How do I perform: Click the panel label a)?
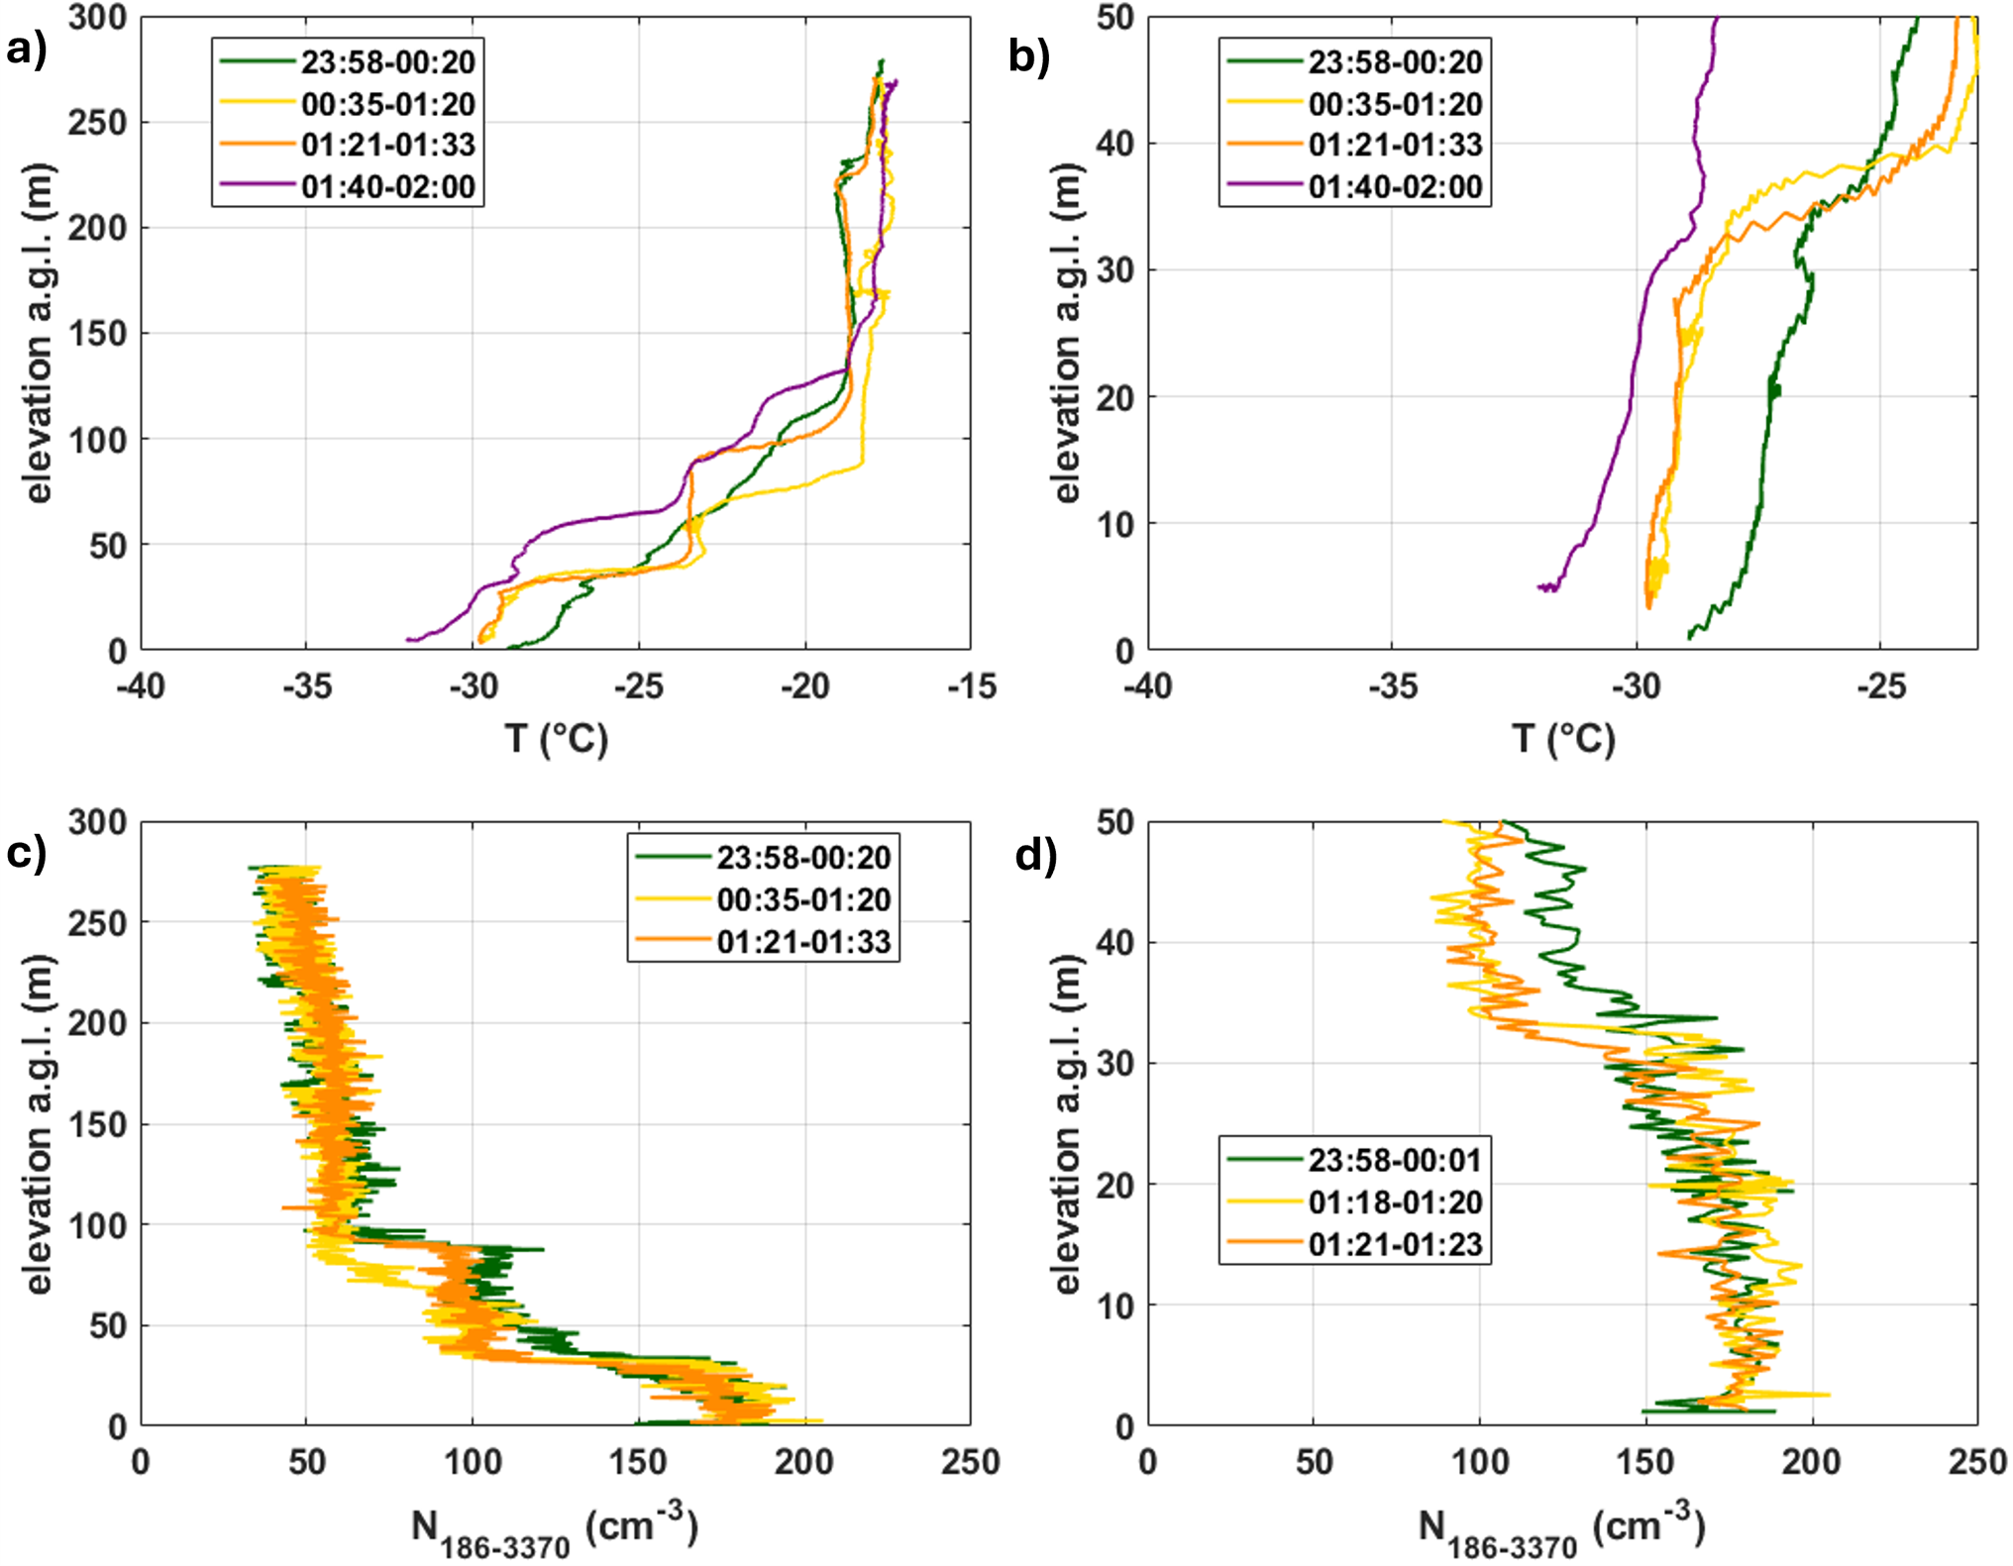tap(27, 49)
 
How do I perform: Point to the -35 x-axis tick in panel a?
tap(306, 685)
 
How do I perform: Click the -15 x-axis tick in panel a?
tap(971, 685)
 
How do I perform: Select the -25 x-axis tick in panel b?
tap(1880, 685)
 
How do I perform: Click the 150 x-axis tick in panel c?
tap(638, 1462)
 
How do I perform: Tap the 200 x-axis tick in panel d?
tap(1812, 1462)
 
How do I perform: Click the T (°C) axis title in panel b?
tap(1562, 738)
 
